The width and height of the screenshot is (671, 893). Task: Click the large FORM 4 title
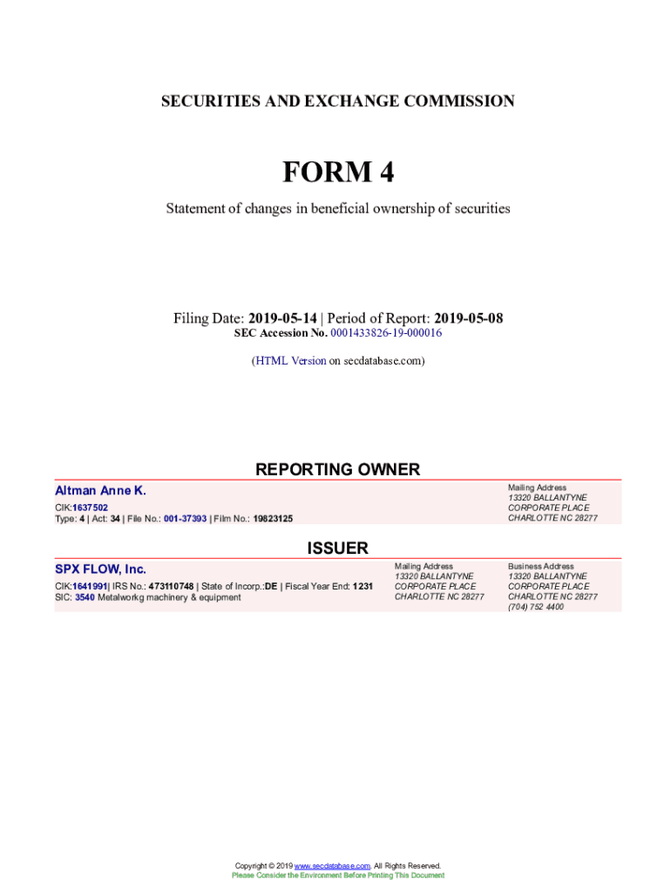coord(337,173)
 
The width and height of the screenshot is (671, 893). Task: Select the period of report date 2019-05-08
coord(469,319)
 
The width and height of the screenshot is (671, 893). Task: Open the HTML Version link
coord(290,360)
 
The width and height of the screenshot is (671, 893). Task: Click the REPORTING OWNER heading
coord(337,469)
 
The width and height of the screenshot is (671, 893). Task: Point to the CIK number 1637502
coord(91,508)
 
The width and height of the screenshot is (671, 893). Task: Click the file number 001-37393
coord(185,519)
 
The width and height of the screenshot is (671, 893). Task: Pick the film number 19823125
coord(273,519)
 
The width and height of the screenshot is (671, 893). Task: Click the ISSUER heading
coord(337,549)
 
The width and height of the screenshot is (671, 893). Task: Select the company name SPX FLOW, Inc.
coord(100,569)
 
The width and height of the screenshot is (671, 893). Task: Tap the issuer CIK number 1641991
coord(90,587)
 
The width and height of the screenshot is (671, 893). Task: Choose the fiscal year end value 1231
coord(363,587)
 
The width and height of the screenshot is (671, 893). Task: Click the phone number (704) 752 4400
coord(535,607)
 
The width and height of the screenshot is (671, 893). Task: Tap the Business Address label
coord(540,566)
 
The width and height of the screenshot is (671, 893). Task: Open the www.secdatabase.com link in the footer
coord(333,866)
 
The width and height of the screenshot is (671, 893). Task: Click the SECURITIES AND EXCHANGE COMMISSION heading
coord(337,101)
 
